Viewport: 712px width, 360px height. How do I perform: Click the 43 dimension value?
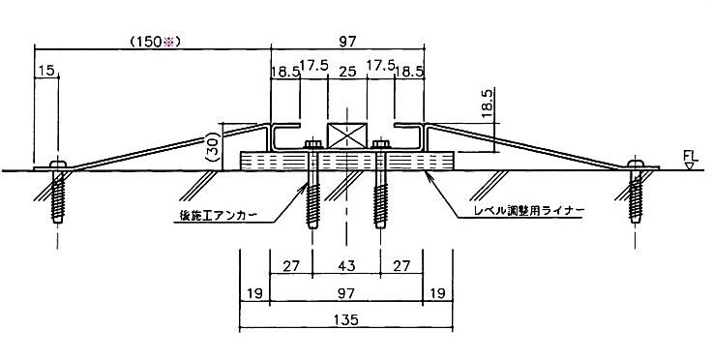coord(346,263)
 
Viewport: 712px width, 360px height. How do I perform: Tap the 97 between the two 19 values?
coord(346,291)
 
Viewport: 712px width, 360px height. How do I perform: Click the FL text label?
coord(690,155)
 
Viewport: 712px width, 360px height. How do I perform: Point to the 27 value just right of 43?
coord(400,263)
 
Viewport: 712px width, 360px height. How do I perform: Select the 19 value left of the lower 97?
coord(253,291)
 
